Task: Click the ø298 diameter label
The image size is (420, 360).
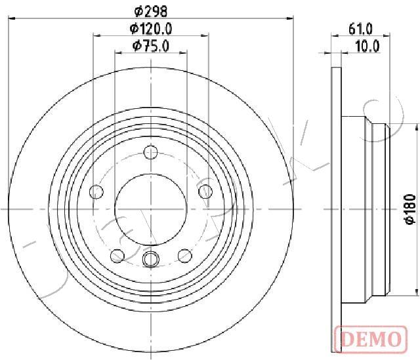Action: pos(151,11)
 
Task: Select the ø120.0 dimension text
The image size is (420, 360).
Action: pos(151,28)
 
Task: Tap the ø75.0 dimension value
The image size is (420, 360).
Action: pos(151,46)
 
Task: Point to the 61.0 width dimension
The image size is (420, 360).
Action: pos(360,29)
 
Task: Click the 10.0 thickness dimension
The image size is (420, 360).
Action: pos(367,46)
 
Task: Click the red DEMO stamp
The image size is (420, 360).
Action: pos(371,340)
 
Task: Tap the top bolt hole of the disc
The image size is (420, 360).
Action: pos(150,152)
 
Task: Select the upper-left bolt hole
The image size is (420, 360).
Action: pos(96,192)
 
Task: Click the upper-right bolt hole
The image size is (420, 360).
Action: pos(205,192)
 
